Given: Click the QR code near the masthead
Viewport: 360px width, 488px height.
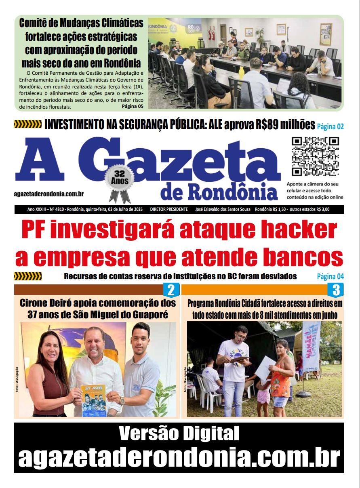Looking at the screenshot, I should click(315, 156).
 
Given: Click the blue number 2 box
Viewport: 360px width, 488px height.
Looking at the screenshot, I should click(171, 290).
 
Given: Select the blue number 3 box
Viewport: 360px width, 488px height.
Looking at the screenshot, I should click(336, 290).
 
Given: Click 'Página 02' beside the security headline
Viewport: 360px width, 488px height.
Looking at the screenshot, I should click(330, 126).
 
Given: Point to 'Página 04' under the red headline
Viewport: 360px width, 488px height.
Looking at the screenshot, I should click(330, 276).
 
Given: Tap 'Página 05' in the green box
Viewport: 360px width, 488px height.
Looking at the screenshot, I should click(132, 107).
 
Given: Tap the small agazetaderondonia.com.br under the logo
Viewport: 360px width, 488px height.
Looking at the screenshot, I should click(49, 194).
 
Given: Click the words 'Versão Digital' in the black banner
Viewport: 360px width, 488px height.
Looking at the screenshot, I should click(179, 434).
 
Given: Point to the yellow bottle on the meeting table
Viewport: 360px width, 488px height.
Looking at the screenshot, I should click(242, 72).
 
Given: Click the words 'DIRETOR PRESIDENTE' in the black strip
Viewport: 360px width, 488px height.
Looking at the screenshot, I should click(168, 209).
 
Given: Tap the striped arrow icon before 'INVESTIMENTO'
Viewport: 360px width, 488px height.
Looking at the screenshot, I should click(27, 124).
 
